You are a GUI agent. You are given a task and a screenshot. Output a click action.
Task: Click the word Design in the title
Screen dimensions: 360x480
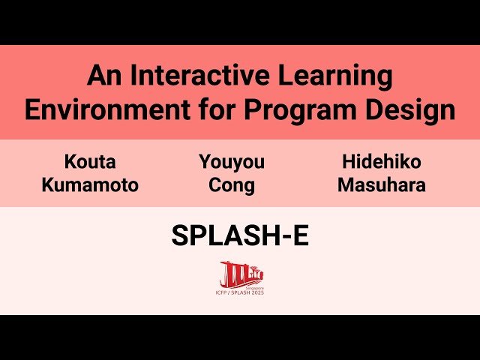(412, 109)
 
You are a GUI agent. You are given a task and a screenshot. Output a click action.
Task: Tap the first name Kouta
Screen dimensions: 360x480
(90, 162)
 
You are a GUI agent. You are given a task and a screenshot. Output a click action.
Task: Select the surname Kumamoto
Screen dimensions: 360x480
(90, 185)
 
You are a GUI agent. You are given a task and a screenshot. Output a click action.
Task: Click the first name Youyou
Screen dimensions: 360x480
(232, 162)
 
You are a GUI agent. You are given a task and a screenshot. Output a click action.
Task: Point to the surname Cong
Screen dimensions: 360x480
(232, 185)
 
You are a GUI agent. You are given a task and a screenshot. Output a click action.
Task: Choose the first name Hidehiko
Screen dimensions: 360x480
(381, 162)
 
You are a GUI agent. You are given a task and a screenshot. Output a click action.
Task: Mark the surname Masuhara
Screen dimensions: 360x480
(381, 185)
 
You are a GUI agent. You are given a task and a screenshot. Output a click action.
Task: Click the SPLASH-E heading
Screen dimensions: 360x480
(240, 236)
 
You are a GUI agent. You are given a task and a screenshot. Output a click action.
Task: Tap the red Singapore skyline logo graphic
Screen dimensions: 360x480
(240, 273)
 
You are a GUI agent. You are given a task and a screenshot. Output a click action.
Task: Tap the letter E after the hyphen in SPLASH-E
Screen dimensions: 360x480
(300, 236)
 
